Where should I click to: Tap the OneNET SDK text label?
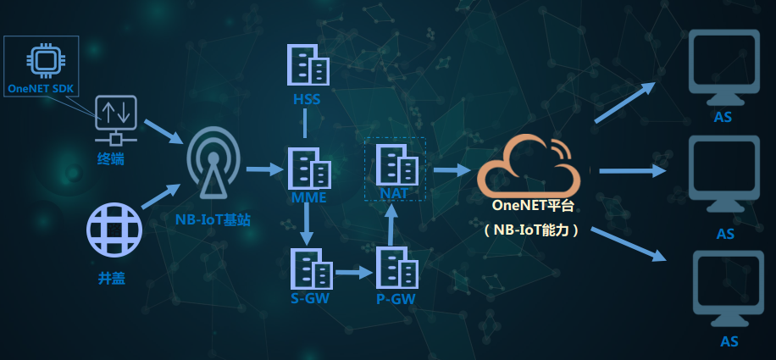pyautogui.click(x=41, y=87)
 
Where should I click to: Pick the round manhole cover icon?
pyautogui.click(x=114, y=230)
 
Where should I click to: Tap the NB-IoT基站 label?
pyautogui.click(x=213, y=219)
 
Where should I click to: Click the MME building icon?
pyautogui.click(x=308, y=169)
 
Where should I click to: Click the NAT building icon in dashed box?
pyautogui.click(x=396, y=166)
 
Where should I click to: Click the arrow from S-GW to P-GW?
pyautogui.click(x=353, y=273)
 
